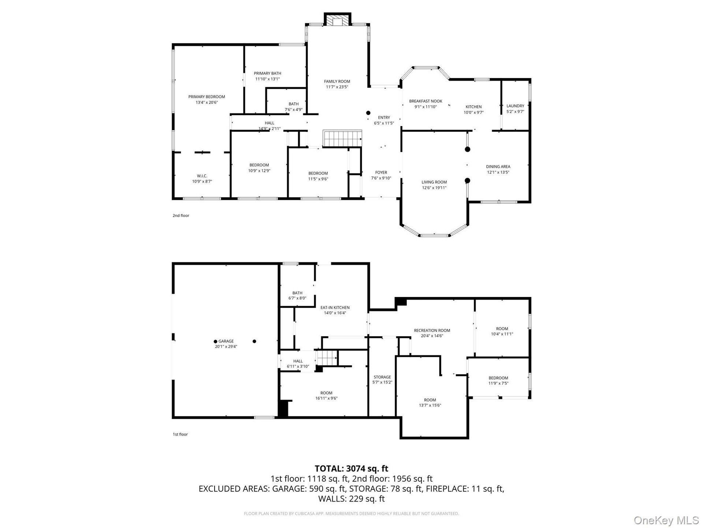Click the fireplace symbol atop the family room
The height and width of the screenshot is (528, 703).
click(337, 20)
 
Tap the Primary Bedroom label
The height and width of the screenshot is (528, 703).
click(207, 97)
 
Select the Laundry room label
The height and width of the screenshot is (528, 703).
click(515, 106)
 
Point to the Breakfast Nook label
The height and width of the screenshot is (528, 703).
click(425, 101)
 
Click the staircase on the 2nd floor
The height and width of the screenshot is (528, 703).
click(342, 138)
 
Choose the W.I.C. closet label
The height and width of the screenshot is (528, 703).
click(202, 176)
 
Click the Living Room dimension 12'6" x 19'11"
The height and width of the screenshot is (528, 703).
click(434, 188)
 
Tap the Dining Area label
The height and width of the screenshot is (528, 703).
click(498, 166)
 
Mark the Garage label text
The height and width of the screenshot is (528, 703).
click(226, 341)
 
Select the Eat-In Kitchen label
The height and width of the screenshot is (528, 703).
click(335, 308)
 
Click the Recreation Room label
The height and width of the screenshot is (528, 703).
click(432, 330)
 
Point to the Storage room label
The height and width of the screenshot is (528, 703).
click(382, 377)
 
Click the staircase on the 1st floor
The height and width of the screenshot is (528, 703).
click(327, 357)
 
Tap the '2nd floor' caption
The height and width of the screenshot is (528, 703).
click(181, 216)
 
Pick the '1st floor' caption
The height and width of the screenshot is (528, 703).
click(180, 434)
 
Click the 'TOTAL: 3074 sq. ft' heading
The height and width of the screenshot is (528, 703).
click(351, 469)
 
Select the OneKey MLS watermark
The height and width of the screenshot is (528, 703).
click(666, 520)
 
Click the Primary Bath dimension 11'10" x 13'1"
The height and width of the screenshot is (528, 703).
click(268, 79)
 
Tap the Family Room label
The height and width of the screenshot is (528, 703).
click(337, 81)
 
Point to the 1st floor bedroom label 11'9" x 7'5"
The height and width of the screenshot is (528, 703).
click(498, 383)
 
